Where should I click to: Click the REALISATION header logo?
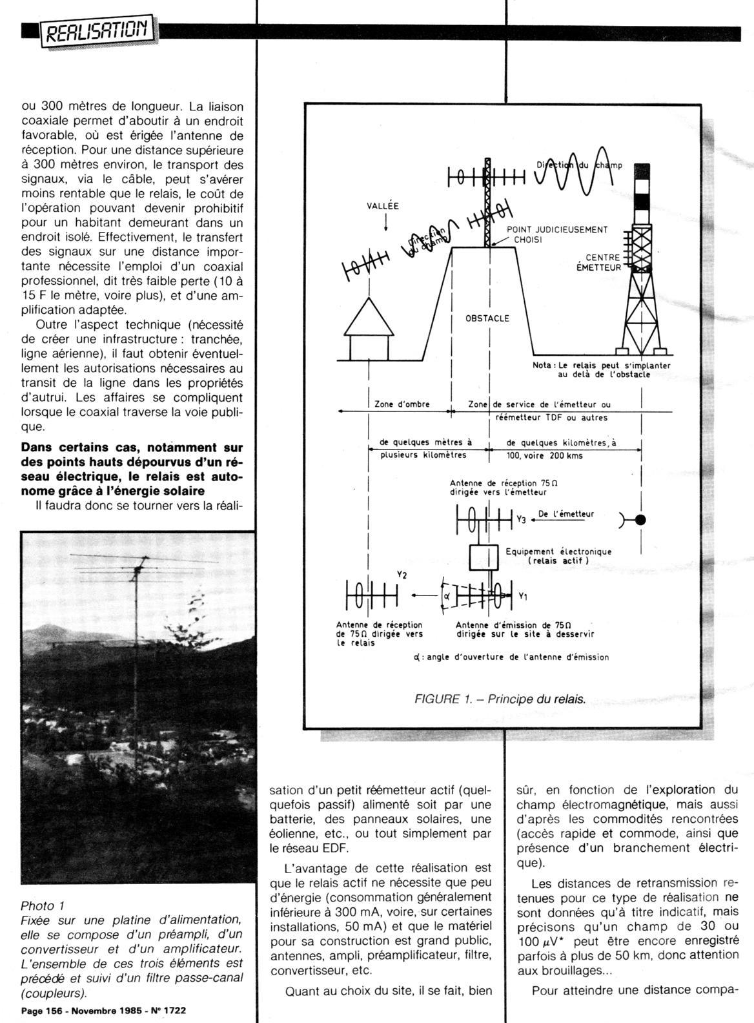tap(97, 30)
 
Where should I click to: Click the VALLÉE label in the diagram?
tap(382, 207)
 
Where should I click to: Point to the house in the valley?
tap(369, 329)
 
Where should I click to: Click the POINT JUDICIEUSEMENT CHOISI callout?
tap(556, 234)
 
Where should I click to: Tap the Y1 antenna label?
tap(523, 596)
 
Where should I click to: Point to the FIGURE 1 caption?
tap(500, 699)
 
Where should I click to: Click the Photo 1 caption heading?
tap(43, 906)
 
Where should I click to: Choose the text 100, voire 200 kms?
tap(544, 455)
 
